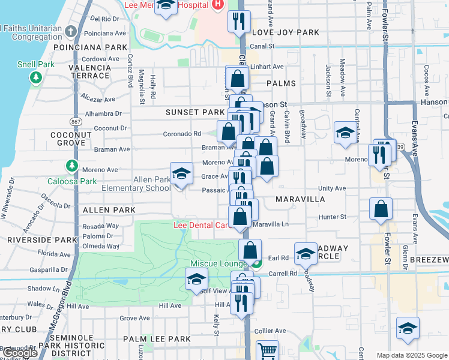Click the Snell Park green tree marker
(x=36, y=77)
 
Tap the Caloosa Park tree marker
(x=72, y=165)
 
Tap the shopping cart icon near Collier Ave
(x=267, y=350)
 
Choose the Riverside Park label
(x=42, y=240)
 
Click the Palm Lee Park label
(x=157, y=339)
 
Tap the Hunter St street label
(x=333, y=217)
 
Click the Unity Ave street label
(x=332, y=188)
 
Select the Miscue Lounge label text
(x=218, y=264)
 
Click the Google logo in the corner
(x=19, y=353)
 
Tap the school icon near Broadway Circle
(x=306, y=253)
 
